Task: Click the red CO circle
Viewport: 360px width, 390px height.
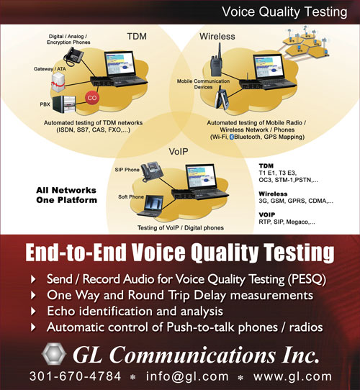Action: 92,98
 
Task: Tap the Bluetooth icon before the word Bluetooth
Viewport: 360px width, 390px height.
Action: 232,137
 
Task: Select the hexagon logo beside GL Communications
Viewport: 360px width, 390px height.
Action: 54,354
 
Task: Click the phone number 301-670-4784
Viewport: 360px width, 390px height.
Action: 75,376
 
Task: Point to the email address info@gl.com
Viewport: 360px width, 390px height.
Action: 187,376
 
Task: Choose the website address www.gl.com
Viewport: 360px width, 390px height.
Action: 292,376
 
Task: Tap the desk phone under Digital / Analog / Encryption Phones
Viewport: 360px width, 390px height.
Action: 73,56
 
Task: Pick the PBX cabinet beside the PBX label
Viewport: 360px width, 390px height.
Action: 64,104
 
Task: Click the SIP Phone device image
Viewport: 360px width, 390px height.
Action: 152,171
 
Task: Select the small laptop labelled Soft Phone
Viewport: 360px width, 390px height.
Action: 150,206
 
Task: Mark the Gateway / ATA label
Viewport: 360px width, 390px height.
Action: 50,69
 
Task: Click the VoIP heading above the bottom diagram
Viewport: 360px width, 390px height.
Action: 179,152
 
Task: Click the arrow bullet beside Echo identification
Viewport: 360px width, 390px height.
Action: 33,312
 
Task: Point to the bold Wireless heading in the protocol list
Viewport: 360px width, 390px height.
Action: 273,194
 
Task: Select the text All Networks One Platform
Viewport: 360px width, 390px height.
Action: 66,195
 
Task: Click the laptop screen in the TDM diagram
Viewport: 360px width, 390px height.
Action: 120,63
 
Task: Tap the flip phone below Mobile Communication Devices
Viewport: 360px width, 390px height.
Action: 222,98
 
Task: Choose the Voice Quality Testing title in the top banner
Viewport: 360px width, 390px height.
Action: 284,12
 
